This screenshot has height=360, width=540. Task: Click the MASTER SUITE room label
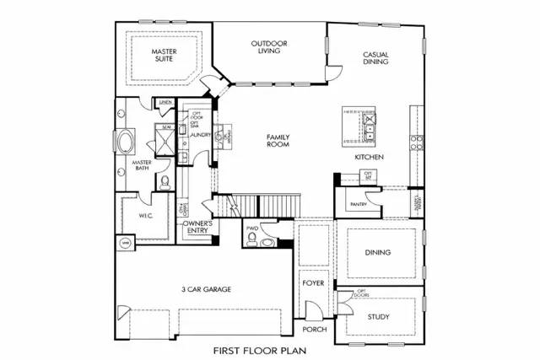point(163,55)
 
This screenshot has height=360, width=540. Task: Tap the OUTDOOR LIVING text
point(269,46)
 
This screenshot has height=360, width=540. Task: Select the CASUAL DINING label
point(375,57)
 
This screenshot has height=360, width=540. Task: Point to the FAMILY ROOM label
point(278,140)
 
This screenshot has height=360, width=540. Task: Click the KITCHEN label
point(369,158)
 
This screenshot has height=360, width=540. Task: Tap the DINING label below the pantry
point(377,251)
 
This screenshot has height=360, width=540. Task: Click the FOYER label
point(314,283)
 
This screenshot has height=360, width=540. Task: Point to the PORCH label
point(315,329)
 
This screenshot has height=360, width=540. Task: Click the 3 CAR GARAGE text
point(206,289)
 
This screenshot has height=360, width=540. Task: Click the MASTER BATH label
point(141,166)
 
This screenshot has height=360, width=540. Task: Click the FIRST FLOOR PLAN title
point(258,350)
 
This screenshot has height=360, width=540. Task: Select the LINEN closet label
point(165,103)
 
